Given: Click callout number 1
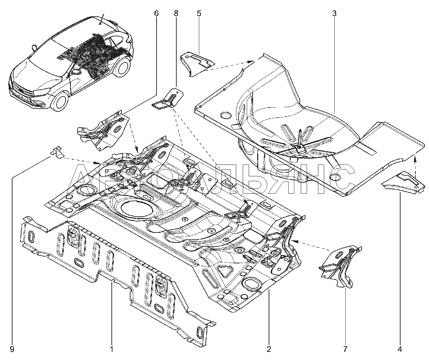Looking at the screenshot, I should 111,349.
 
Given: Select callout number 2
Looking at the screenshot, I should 269,349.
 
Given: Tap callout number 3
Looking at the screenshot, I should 334,14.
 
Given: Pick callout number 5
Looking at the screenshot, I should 199,14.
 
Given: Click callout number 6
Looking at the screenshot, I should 156,14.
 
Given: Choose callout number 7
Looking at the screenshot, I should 346,349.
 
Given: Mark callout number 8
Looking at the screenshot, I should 176,14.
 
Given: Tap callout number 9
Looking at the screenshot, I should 12,349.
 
